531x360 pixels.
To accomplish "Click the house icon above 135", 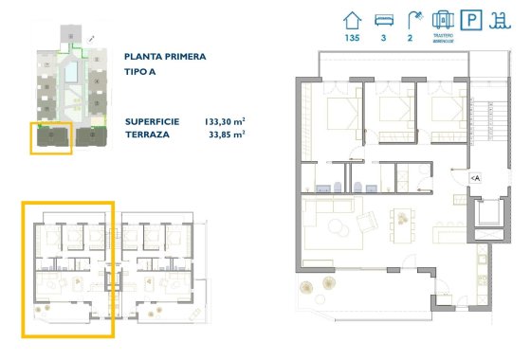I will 353,18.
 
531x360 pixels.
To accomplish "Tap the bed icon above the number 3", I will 384,19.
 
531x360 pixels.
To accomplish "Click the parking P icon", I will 472,19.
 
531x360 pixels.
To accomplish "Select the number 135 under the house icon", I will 353,38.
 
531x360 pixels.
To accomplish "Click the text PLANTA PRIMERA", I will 165,57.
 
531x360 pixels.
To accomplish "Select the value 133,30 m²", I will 225,121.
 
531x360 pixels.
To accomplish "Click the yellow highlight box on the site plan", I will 51,138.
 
